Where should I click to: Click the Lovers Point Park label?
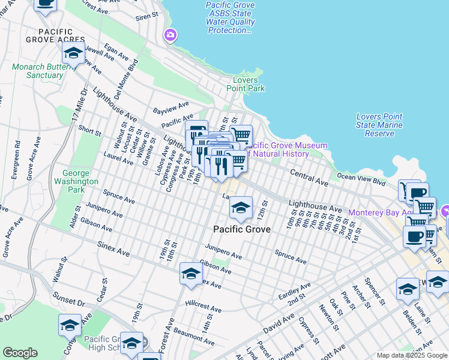[246, 84]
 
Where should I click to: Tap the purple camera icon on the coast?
[170, 36]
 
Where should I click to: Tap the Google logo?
[20, 353]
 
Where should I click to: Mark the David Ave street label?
[279, 328]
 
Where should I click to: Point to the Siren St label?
[146, 16]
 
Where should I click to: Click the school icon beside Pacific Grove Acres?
[73, 54]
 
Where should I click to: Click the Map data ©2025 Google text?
[411, 355]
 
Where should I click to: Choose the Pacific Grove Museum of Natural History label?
[285, 149]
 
